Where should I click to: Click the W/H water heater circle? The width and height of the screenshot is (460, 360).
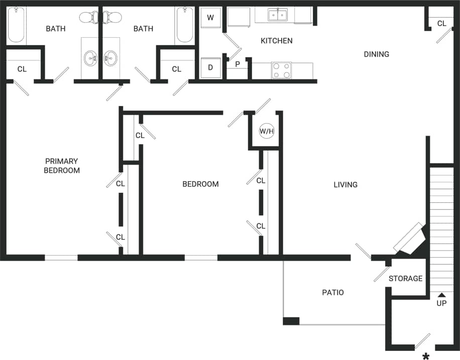coord(267,132)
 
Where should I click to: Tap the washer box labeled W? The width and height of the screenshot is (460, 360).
coord(210,18)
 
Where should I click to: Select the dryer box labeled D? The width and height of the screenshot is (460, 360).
coord(210,68)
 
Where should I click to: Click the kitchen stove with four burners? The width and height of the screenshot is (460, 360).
coord(281,70)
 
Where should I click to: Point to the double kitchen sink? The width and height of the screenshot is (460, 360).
coord(277,15)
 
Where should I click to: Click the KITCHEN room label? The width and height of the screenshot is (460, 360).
coord(276,41)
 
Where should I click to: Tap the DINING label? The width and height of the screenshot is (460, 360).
coord(376,54)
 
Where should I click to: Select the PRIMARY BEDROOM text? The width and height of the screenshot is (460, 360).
coord(61,166)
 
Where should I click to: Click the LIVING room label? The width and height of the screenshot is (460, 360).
coord(346,185)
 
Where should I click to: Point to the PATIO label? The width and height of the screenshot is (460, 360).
coord(333,292)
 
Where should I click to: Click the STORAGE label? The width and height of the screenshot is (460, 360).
coord(405,278)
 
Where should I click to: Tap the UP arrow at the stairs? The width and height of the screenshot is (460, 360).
coord(441,296)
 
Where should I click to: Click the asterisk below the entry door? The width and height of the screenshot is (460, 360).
coord(426,356)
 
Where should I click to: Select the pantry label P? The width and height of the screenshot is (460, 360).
coord(238,64)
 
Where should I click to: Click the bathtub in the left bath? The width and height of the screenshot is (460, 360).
coord(17,25)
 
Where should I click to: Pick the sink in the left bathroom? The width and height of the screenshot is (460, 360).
coord(91,58)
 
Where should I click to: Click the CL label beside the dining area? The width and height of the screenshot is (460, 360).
coord(441,24)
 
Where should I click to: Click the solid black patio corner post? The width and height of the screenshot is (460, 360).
coord(291,321)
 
